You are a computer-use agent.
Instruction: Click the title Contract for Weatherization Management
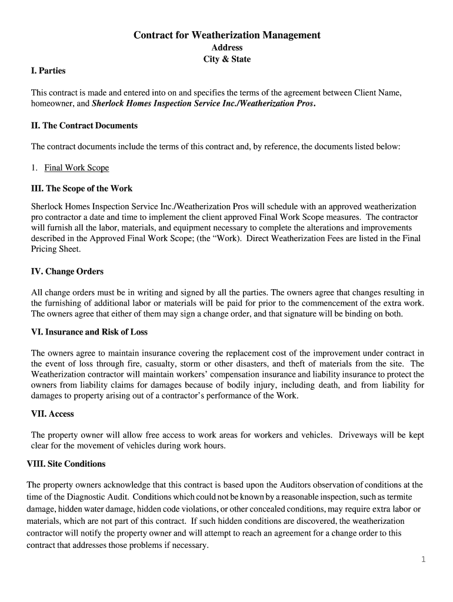(226, 35)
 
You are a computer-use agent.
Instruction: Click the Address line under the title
(226, 48)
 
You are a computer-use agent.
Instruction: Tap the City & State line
(226, 59)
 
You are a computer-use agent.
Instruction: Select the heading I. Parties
(48, 71)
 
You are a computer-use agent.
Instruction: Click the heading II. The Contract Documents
(84, 125)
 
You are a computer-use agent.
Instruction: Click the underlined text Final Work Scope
(76, 168)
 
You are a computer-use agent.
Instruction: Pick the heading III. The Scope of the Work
(82, 189)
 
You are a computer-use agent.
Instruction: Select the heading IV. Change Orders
(67, 272)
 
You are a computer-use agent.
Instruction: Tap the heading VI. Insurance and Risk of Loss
(89, 332)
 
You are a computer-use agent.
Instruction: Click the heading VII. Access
(52, 414)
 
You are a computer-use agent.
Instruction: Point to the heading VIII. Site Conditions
(66, 464)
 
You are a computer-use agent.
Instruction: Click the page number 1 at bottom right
(422, 560)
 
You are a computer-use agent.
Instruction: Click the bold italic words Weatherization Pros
(274, 104)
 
